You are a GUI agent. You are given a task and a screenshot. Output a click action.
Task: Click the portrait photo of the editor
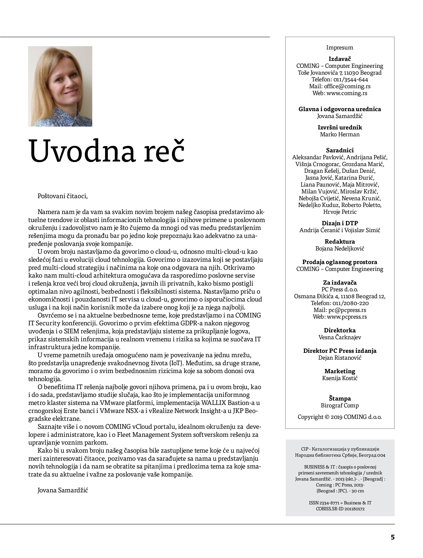click(x=60, y=86)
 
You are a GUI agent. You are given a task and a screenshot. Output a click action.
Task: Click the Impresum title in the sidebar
click(x=340, y=47)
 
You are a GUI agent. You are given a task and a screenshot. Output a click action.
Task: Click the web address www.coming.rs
click(x=347, y=93)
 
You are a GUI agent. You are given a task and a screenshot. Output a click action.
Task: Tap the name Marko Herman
click(x=340, y=134)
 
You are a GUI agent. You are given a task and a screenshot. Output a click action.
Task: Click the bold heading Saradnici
click(x=340, y=150)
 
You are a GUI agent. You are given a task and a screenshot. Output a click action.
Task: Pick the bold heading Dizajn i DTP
click(x=340, y=223)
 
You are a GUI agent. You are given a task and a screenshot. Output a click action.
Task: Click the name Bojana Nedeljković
click(x=340, y=249)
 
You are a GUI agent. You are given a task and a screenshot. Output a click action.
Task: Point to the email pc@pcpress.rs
click(x=347, y=310)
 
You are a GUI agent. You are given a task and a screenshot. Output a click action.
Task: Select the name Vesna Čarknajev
click(x=340, y=337)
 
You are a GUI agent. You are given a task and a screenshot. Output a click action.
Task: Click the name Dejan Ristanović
click(x=340, y=358)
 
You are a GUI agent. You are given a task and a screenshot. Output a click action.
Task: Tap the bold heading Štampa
click(x=340, y=399)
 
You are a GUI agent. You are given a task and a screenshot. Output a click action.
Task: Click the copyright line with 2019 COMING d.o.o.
click(x=340, y=417)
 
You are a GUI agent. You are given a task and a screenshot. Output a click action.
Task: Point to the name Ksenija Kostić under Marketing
click(x=340, y=378)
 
